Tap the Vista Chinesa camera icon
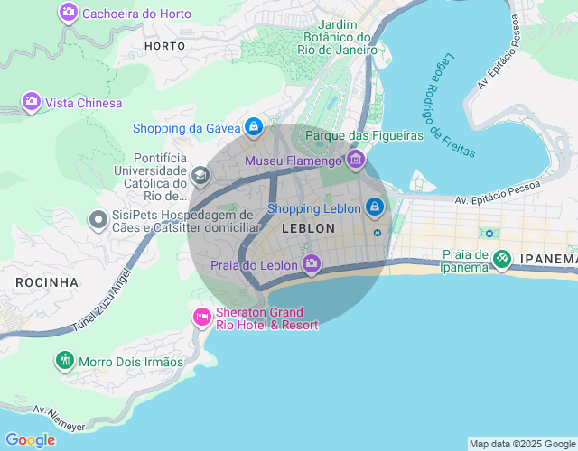point(32,102)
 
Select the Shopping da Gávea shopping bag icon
point(254,127)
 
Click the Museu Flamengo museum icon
point(355,161)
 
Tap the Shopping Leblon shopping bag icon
point(375,208)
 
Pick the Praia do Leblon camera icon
point(312,264)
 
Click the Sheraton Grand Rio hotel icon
point(201,318)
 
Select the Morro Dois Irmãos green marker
point(64,362)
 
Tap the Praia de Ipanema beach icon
point(501,259)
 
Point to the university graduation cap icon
point(200,174)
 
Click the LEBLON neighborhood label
point(308,229)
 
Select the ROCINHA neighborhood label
point(47,282)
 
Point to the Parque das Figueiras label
point(365,135)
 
